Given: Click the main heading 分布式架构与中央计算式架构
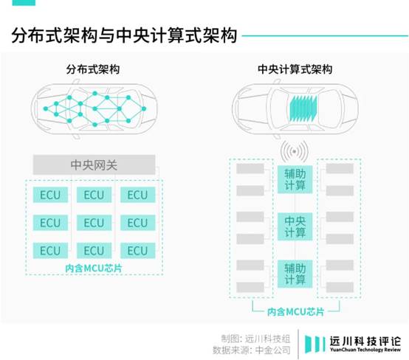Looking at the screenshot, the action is tap(124, 35).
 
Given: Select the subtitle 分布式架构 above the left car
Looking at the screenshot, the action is tap(93, 69).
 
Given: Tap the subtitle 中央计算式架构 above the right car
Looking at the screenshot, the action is tap(295, 69).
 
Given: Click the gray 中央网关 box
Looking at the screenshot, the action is tap(94, 165).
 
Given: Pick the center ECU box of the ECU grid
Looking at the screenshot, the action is tap(94, 223).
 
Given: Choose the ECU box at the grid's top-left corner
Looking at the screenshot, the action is tap(50, 195).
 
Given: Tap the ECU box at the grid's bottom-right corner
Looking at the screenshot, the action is tap(138, 251).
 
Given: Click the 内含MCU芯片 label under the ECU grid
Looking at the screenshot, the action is tap(93, 268).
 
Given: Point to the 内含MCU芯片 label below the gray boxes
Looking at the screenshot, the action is tap(296, 311).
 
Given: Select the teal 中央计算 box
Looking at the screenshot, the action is tap(295, 226).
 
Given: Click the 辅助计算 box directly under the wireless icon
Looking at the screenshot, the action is tap(295, 179).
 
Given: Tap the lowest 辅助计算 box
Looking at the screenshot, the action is tap(295, 274).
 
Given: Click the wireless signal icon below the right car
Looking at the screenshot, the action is tap(295, 151).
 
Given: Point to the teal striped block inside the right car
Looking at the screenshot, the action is tap(303, 108).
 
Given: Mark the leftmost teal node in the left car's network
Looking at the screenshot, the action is tap(46, 108).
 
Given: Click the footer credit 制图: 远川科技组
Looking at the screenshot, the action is tap(255, 339).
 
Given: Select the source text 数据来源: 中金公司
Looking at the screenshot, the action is tap(252, 350).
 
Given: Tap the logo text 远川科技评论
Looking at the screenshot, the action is tap(365, 341).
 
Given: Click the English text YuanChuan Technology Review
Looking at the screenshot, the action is tap(365, 350).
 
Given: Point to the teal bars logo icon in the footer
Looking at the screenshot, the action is tap(315, 345).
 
